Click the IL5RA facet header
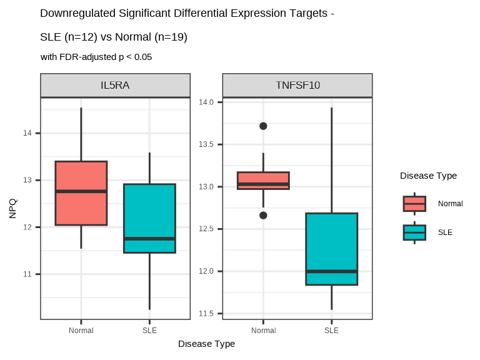pyautogui.click(x=115, y=86)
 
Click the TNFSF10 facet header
pyautogui.click(x=297, y=86)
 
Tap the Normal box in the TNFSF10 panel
pyautogui.click(x=263, y=180)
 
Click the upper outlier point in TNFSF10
pyautogui.click(x=263, y=126)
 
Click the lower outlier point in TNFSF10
pyautogui.click(x=263, y=215)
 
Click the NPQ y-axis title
pyautogui.click(x=13, y=208)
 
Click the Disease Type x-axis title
pyautogui.click(x=206, y=344)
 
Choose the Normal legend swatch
pyautogui.click(x=414, y=204)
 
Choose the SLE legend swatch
pyautogui.click(x=414, y=232)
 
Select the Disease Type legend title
pyautogui.click(x=428, y=176)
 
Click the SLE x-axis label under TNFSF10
pyautogui.click(x=331, y=330)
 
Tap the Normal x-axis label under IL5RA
pyautogui.click(x=81, y=330)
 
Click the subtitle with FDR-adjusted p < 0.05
pyautogui.click(x=96, y=57)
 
